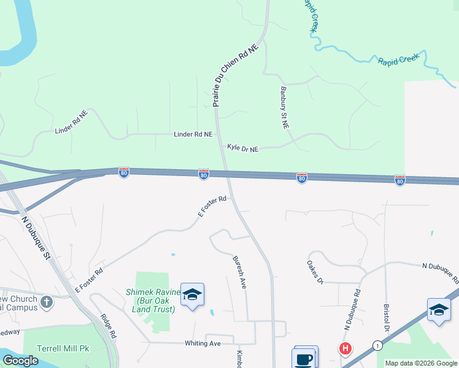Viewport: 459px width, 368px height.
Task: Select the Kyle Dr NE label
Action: coord(243,148)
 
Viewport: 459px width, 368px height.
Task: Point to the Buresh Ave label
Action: coord(239,272)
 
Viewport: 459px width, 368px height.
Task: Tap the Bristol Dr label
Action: coord(386,332)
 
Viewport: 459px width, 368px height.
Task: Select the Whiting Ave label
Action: coord(202,343)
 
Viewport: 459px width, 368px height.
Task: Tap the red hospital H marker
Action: coord(345,349)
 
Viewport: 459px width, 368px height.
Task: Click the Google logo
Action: coord(21,361)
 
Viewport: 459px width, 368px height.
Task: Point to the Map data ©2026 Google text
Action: coord(421,363)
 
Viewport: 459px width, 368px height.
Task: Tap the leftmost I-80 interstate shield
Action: coord(124,174)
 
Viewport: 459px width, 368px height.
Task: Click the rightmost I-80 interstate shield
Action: coord(400,180)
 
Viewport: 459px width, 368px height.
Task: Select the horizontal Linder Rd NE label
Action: coord(193,134)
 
